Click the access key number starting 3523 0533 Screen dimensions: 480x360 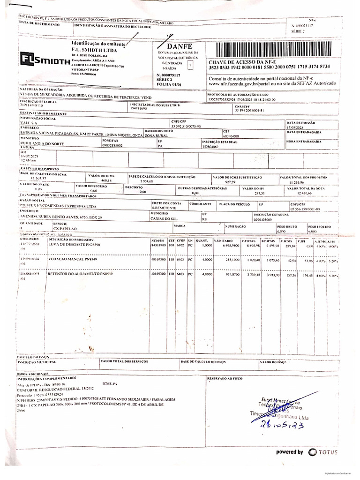[269, 67]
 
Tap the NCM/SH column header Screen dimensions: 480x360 [156, 240]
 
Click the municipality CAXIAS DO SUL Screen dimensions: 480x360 [166, 218]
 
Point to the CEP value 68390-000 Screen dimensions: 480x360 [231, 135]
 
